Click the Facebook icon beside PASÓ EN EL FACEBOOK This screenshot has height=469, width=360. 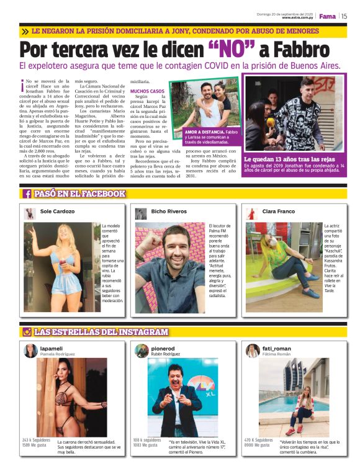click(x=27, y=194)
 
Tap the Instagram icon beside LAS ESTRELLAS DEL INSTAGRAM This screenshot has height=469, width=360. click(x=27, y=332)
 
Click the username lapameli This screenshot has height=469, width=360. click(x=52, y=349)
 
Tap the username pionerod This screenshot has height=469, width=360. click(x=163, y=349)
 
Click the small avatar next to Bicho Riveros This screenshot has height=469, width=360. click(x=141, y=213)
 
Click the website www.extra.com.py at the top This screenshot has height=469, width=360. click(x=298, y=18)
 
